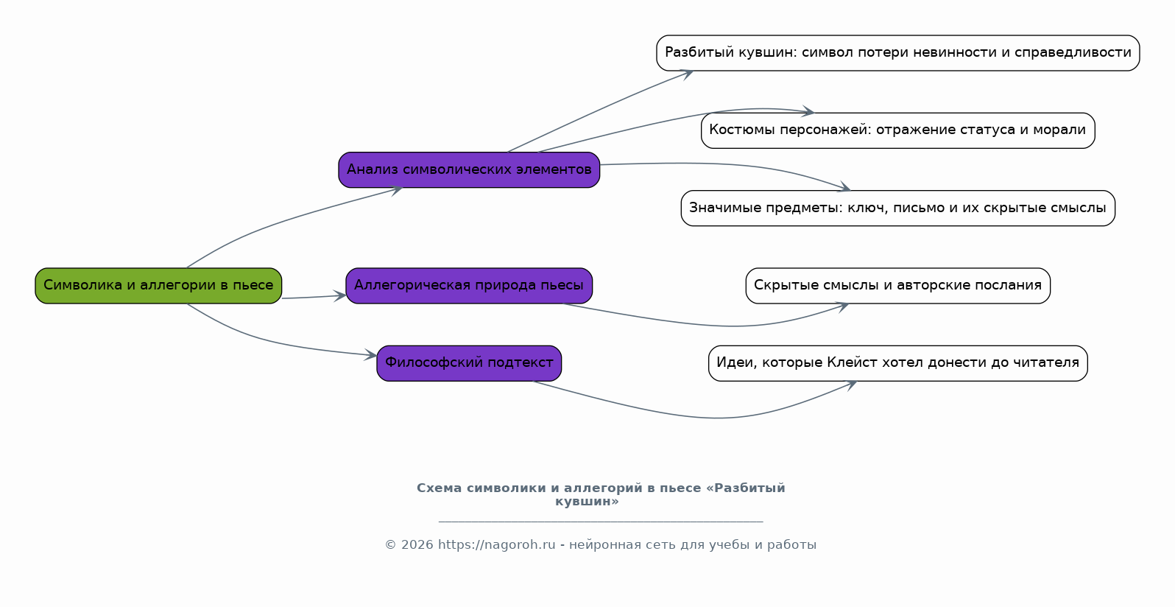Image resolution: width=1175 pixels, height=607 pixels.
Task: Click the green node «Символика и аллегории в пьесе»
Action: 158,286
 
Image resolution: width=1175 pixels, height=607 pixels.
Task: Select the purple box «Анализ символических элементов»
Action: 469,170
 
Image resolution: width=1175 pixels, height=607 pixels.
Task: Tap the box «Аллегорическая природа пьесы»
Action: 469,286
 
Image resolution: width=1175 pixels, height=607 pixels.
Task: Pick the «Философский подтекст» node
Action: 469,363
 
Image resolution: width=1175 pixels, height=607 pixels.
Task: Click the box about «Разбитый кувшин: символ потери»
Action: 897,53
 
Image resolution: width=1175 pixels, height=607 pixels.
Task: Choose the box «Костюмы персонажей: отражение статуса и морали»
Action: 897,130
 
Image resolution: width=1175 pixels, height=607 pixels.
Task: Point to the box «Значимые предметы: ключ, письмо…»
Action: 897,208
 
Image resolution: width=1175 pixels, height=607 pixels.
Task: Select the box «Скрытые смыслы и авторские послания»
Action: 897,286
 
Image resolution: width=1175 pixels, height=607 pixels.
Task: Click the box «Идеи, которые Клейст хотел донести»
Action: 897,363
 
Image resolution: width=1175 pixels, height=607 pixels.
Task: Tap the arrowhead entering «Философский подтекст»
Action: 371,356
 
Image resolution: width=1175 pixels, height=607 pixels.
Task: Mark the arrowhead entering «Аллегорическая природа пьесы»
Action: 340,296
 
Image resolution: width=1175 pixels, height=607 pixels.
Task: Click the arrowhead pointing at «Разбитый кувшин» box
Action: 687,73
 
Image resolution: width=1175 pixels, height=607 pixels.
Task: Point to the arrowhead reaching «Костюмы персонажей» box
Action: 808,112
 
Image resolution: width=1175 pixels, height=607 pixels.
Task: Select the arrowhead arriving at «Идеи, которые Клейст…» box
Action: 851,384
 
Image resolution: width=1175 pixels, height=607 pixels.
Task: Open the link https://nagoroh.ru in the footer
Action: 496,545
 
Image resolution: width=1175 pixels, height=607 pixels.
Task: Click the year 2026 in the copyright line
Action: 417,545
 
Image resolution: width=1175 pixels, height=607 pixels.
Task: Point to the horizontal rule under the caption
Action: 600,522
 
